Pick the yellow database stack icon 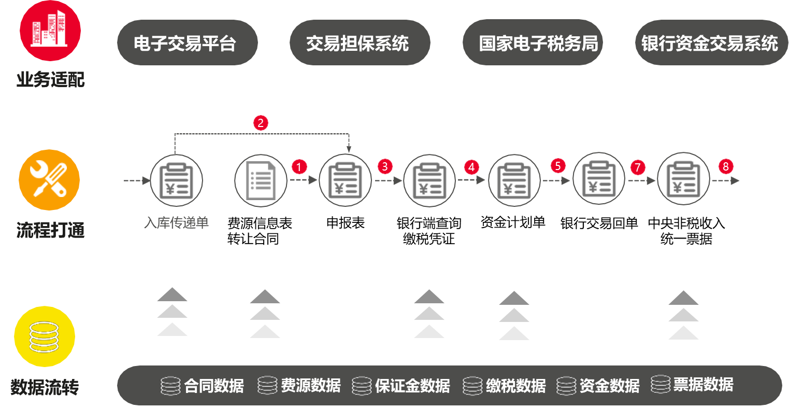45,336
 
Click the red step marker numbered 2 261,123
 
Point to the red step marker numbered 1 299,166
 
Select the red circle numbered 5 557,165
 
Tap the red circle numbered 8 726,166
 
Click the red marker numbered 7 638,167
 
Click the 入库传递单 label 176,223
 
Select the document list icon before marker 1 261,180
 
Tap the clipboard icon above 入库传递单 176,180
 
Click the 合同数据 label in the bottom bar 213,386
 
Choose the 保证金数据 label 412,386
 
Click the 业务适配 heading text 50,80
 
